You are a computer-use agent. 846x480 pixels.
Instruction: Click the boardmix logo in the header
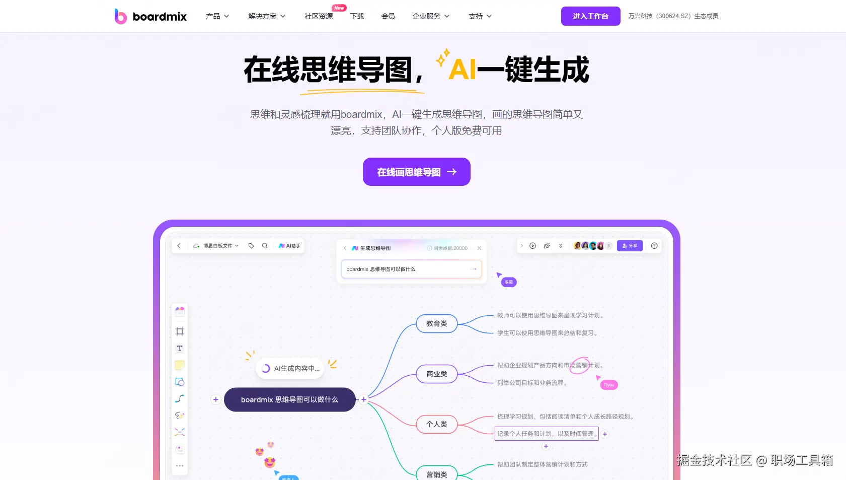150,16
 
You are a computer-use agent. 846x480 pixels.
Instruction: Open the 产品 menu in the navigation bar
217,16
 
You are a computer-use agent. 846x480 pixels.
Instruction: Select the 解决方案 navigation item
267,16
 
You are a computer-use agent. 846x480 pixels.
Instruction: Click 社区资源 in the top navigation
319,16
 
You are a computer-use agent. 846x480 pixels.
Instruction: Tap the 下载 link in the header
357,16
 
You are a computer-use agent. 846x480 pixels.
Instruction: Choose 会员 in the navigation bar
388,16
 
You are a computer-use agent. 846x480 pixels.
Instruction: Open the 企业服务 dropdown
431,16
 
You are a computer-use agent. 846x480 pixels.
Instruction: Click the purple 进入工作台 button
590,16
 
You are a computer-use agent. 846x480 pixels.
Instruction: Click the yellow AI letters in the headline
462,70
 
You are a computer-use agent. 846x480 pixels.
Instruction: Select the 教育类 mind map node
436,323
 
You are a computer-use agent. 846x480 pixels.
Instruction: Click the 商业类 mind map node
436,374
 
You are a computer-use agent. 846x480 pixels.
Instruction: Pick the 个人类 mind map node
436,424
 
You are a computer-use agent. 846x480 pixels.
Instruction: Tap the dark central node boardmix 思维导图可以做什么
289,399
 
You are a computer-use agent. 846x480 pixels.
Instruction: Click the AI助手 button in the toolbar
289,246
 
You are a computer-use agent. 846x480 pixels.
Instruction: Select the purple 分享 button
630,246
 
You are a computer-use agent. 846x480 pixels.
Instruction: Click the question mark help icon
654,246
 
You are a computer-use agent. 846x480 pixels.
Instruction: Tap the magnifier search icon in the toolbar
265,246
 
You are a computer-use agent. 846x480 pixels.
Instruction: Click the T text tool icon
180,348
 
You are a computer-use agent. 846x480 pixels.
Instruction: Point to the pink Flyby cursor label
608,385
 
